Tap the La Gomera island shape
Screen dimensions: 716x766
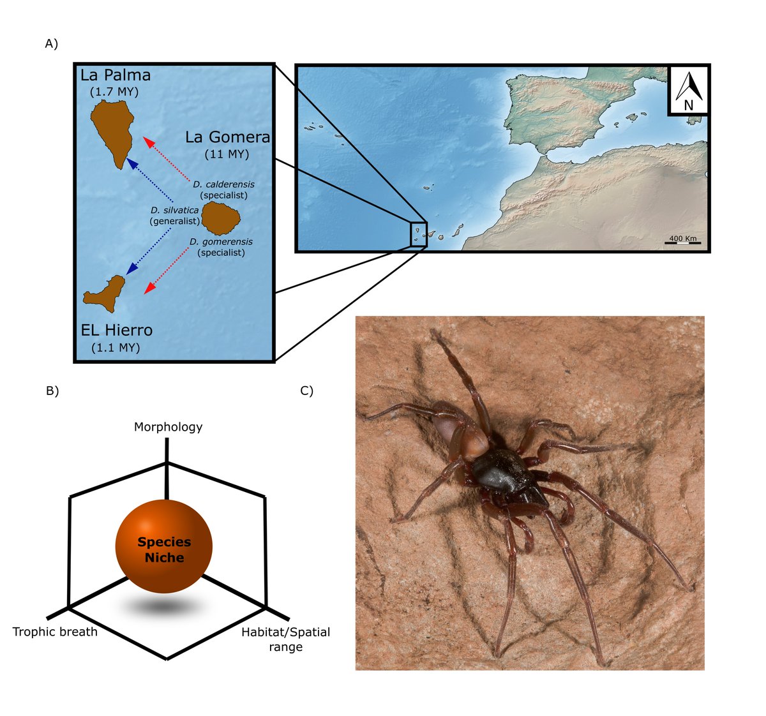[x=220, y=218]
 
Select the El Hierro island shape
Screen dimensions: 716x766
[x=105, y=294]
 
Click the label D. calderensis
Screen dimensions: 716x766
[x=223, y=184]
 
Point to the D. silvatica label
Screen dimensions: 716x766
[x=174, y=210]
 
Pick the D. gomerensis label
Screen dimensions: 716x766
[x=221, y=242]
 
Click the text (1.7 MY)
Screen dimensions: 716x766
[x=115, y=92]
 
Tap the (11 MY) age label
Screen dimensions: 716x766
[x=227, y=154]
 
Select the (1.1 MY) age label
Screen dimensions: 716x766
[x=116, y=348]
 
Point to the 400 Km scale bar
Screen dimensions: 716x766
[x=682, y=241]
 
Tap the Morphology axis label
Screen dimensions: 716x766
[x=168, y=427]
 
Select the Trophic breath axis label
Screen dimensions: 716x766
[x=55, y=632]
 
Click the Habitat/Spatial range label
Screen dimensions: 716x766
[x=285, y=639]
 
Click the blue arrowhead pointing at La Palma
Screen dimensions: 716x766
[x=131, y=163]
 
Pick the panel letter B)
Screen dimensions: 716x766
[x=52, y=391]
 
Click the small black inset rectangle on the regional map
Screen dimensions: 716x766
[x=419, y=233]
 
